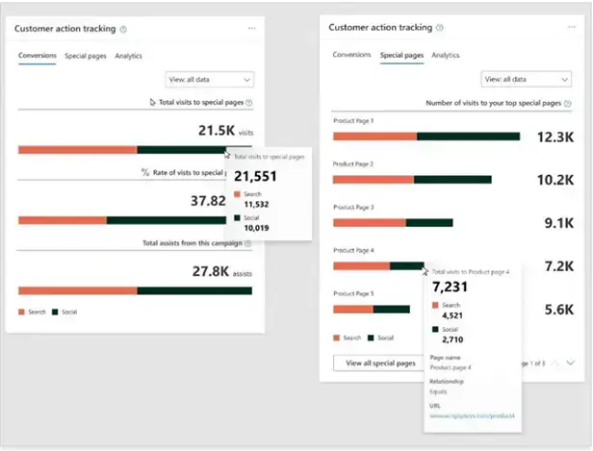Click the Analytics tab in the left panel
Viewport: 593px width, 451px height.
128,56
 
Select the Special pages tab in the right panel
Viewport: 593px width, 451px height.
401,56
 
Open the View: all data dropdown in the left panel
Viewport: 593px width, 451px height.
210,80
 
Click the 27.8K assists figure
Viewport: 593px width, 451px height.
212,272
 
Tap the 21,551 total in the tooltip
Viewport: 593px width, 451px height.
255,176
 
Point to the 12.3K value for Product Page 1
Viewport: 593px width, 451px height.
556,138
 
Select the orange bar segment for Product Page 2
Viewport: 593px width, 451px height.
373,180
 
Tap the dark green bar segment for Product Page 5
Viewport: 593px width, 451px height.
391,310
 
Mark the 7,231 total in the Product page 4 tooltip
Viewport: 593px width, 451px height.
451,288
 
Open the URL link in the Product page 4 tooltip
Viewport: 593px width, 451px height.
473,415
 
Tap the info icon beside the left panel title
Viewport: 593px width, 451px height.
122,29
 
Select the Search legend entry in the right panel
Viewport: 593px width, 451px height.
348,338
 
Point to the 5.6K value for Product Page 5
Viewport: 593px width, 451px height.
558,310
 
